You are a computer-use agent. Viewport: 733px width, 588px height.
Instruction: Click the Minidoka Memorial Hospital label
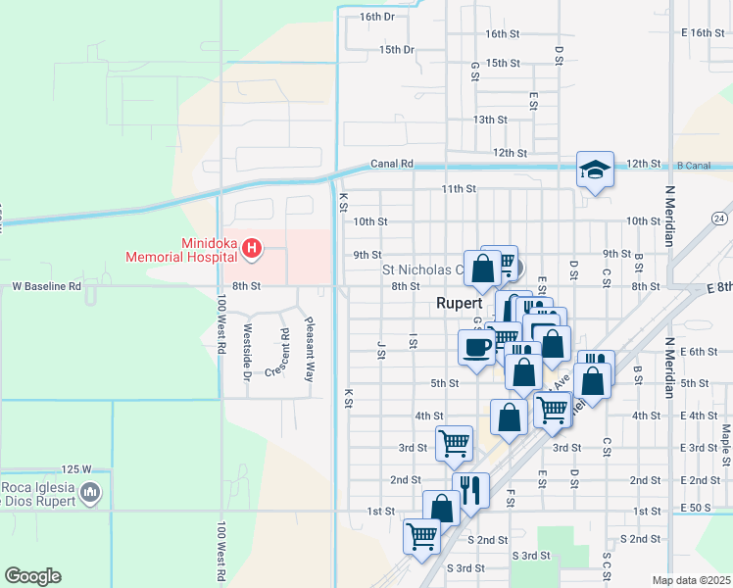(181, 250)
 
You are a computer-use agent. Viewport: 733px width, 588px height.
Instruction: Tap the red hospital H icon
(252, 249)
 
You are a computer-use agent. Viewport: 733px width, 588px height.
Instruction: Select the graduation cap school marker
(595, 171)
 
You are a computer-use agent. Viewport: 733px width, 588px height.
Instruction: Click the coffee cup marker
(477, 347)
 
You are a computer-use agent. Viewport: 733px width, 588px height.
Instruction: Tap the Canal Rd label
(391, 164)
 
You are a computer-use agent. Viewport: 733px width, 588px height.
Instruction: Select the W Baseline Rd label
(46, 286)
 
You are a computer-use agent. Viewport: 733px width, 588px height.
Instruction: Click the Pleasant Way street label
(310, 350)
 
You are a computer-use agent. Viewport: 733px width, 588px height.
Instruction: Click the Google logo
(32, 576)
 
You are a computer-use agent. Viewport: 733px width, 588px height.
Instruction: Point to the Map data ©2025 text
(691, 580)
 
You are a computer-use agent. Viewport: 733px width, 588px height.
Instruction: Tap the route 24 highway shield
(720, 217)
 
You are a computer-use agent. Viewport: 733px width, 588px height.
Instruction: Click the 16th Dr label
(376, 17)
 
